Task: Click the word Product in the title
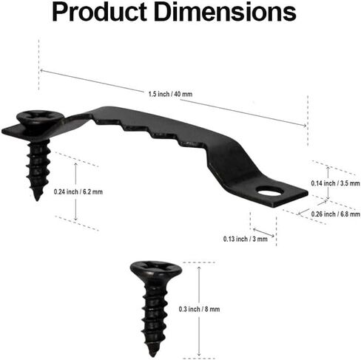100,13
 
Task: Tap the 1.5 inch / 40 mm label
170,94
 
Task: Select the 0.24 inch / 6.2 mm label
78,191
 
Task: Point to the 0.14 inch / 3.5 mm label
335,183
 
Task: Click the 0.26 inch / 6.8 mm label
335,214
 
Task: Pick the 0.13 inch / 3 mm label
246,239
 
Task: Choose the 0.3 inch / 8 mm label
199,309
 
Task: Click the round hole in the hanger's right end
269,191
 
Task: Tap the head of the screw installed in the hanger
39,119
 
